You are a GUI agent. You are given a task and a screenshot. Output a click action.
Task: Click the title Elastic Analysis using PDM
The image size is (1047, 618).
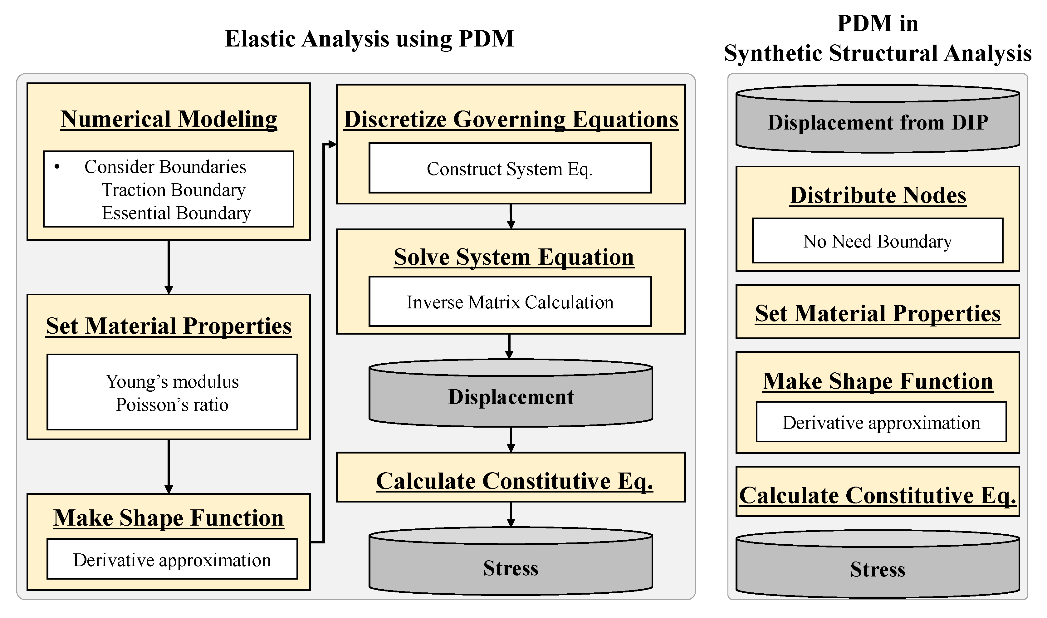point(369,39)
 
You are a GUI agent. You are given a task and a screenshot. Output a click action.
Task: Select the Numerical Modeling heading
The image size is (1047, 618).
point(169,119)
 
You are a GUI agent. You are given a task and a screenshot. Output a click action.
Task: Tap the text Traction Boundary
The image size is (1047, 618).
point(173,190)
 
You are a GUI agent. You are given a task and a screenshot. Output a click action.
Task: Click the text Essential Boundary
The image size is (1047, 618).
point(176,213)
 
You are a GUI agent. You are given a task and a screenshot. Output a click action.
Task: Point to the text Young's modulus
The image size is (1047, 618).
point(172,382)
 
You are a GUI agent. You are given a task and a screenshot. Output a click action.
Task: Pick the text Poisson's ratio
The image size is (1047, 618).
point(172,405)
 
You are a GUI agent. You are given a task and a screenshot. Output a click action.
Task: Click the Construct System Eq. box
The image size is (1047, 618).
point(510,168)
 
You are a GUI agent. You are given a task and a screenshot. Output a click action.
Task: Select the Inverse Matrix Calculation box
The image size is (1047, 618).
point(510,302)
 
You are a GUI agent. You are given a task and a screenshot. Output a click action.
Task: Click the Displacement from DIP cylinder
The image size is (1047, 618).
point(877,122)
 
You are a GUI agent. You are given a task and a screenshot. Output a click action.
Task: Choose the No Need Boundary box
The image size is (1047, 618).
point(877,241)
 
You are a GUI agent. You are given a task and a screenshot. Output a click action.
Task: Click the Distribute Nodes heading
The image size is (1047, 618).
point(878,195)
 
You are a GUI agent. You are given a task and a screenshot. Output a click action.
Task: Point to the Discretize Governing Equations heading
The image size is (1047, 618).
point(511,120)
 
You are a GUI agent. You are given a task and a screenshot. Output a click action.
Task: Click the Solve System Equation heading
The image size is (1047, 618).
point(513,257)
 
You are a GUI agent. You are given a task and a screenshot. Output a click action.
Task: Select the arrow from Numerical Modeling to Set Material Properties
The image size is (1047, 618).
point(169,267)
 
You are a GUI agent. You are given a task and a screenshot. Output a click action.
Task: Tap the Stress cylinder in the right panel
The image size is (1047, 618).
point(877,569)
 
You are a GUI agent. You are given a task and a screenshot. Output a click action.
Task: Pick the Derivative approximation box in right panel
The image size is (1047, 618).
point(881,423)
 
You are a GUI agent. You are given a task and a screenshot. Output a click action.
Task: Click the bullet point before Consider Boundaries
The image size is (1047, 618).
point(57,167)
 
